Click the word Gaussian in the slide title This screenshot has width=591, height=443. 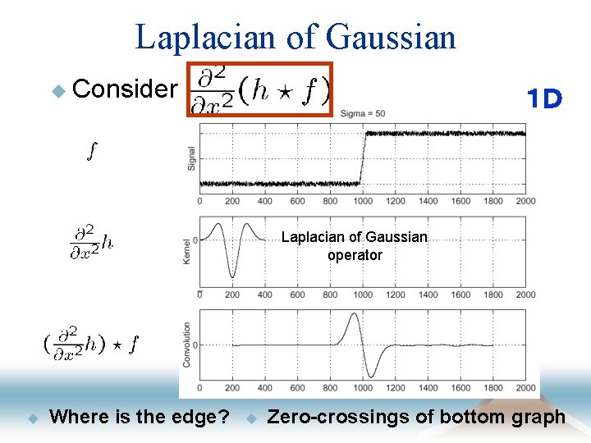pos(390,37)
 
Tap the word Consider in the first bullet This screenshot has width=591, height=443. pos(125,89)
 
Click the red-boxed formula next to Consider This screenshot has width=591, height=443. pos(259,89)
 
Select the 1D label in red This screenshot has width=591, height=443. pos(544,100)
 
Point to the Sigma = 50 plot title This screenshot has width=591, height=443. pos(362,113)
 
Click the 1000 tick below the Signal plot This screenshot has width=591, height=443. pos(362,201)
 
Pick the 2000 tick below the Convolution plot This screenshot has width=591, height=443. pos(525,387)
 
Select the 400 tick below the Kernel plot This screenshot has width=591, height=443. pos(264,295)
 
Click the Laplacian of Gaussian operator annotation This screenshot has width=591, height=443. pos(355,245)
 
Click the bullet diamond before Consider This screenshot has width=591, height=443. pos(57,89)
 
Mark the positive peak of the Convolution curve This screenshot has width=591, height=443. pos(352,313)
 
